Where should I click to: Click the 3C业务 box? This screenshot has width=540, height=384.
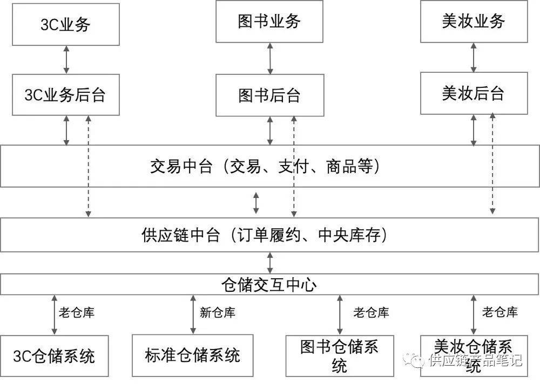[66, 24]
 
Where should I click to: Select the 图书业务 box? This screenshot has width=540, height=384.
[269, 22]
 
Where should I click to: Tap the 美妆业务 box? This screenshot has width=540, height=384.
[474, 22]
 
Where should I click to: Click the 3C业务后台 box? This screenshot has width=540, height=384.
[66, 94]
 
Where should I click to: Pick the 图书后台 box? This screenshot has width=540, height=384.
[270, 95]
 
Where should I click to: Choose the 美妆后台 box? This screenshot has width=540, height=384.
[474, 93]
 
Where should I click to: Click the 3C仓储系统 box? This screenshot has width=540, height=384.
[55, 356]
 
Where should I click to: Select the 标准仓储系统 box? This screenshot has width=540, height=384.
[193, 355]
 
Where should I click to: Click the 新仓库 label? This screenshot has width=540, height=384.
[218, 313]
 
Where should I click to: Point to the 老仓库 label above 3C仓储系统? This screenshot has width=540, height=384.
[77, 313]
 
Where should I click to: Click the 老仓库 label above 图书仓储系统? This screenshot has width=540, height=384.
[372, 313]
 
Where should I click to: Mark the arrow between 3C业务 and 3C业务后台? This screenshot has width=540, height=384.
[66, 60]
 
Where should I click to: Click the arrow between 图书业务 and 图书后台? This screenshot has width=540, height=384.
[270, 58]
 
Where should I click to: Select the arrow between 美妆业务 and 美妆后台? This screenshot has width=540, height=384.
[474, 58]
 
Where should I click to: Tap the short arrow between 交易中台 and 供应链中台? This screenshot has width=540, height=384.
[256, 203]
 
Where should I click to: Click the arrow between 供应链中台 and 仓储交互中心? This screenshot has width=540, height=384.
[270, 263]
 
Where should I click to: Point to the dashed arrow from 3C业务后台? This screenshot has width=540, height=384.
[88, 166]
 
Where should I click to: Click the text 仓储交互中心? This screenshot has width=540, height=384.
[269, 285]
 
